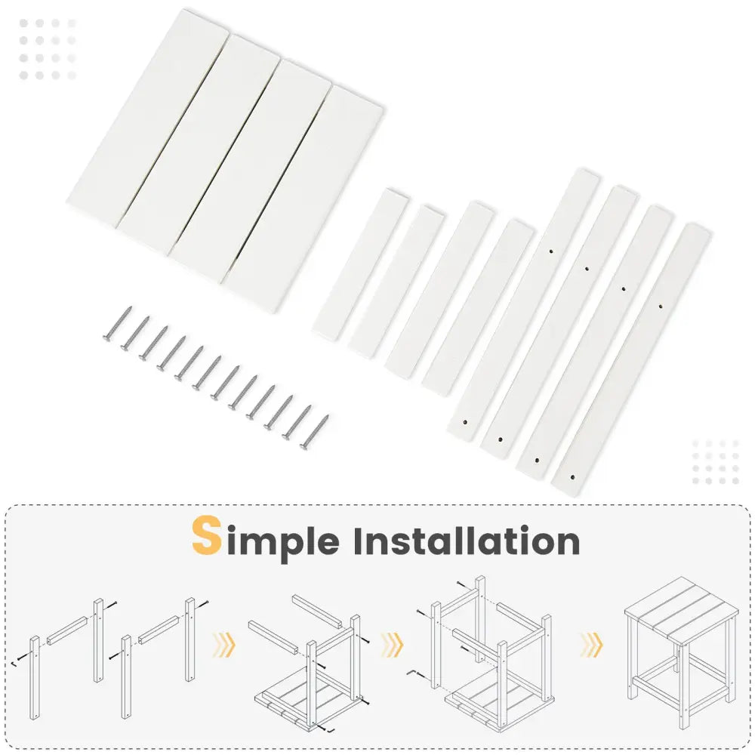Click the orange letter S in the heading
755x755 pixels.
207,535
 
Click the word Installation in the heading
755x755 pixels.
466,541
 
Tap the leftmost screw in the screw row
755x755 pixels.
118,324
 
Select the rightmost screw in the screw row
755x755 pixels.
314,433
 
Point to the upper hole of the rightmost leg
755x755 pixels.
660,306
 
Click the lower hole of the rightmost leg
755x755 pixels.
572,478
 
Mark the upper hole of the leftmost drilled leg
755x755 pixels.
551,251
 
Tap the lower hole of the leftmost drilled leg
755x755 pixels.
465,422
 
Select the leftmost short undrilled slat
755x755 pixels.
360,264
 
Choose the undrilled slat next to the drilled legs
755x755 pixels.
478,308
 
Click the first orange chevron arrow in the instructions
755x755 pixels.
224,645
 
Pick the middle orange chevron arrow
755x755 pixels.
392,645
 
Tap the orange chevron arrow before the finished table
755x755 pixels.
591,645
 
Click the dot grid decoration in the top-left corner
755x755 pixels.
47,49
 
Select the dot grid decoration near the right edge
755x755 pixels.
716,462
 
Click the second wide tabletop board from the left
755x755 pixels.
199,144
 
